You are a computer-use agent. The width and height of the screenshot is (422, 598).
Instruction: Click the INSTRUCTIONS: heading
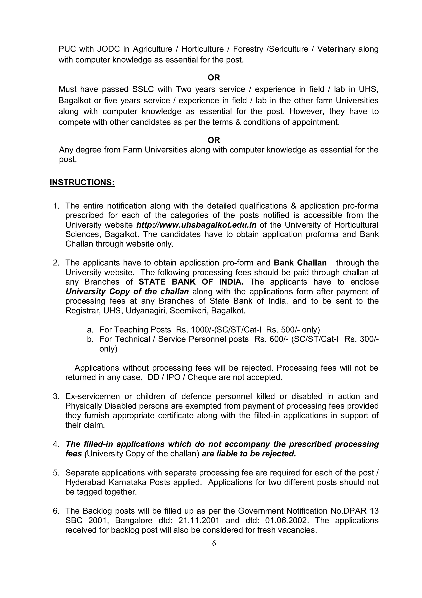82,182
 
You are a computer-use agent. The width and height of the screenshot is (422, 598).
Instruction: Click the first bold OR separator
214,77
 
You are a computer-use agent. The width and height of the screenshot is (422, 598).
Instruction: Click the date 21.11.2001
199,520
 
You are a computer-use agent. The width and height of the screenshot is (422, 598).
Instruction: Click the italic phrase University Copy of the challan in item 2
127,291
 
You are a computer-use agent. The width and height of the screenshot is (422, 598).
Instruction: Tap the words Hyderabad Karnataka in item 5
106,482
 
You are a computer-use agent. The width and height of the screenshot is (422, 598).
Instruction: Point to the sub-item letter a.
90,330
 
